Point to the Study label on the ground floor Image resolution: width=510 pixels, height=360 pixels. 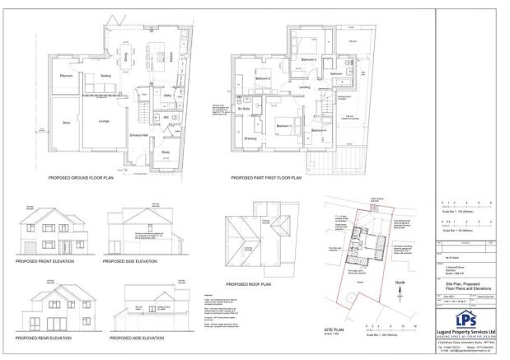pyautogui.click(x=166, y=152)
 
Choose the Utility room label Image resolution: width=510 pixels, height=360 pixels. pyautogui.click(x=167, y=96)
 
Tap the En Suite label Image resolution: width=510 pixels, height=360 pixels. pyautogui.click(x=244, y=108)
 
